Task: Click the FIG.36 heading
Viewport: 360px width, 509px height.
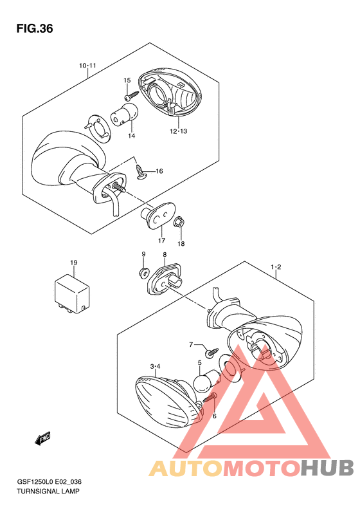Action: (x=35, y=29)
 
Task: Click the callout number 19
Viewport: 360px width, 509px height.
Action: (x=74, y=263)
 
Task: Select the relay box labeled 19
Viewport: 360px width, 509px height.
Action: (x=71, y=294)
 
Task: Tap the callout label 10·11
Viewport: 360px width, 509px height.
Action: (x=88, y=66)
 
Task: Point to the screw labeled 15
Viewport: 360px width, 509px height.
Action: (x=131, y=95)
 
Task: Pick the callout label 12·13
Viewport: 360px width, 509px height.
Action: (x=178, y=131)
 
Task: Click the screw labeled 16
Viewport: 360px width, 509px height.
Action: (x=141, y=172)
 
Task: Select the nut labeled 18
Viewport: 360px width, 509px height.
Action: (x=179, y=223)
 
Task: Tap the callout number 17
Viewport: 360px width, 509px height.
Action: (x=161, y=241)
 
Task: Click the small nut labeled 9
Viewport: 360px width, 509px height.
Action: (x=143, y=273)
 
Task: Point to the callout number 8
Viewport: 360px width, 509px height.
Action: (x=165, y=255)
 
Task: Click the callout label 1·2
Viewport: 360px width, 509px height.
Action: (x=276, y=267)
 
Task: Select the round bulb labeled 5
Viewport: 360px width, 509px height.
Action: (x=205, y=380)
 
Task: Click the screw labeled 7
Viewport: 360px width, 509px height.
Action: (x=212, y=352)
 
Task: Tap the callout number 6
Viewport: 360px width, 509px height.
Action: (x=214, y=416)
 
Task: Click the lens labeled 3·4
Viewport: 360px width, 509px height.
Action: (x=168, y=402)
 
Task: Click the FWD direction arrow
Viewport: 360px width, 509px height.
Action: (x=43, y=439)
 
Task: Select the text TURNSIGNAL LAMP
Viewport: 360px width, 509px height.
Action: (x=48, y=491)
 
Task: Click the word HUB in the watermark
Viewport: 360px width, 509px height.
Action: (x=327, y=468)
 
